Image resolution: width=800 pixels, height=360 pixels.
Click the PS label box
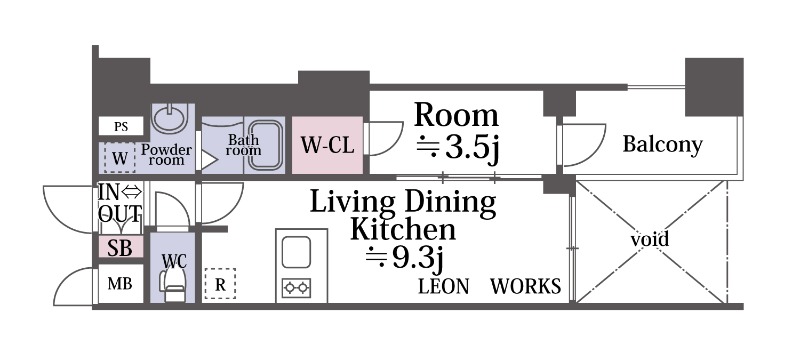[121, 126]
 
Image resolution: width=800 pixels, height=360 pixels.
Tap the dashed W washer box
[120, 158]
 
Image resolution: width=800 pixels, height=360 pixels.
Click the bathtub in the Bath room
[264, 145]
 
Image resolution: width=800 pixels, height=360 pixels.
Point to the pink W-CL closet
[327, 145]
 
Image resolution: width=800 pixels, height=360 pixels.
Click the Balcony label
[663, 145]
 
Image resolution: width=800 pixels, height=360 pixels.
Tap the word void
[649, 239]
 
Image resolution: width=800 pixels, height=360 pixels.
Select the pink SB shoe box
[121, 248]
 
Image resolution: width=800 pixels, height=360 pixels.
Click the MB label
[120, 284]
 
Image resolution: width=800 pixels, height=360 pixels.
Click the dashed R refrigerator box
[220, 284]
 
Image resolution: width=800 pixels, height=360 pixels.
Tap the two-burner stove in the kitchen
[296, 288]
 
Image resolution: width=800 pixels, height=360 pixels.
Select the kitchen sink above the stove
[296, 252]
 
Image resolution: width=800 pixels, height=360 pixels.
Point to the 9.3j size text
[404, 259]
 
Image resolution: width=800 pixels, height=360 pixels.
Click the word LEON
[443, 287]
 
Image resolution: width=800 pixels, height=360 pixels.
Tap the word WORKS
[526, 287]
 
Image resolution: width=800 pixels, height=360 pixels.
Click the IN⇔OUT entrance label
[120, 202]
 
